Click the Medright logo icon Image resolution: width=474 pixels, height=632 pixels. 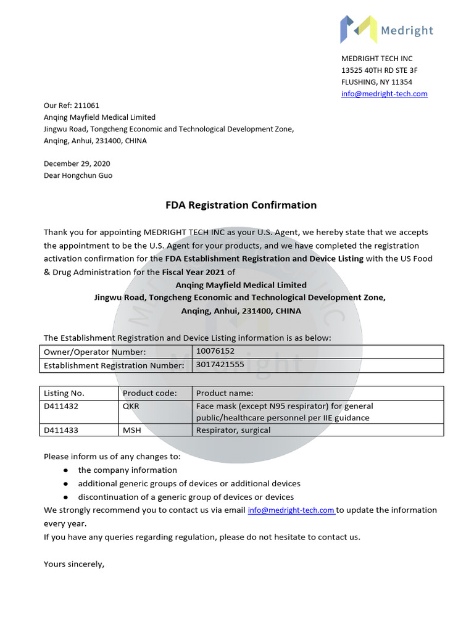[x=359, y=29]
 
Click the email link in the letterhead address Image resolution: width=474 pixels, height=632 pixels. [x=384, y=94]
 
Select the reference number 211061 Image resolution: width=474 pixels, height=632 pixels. [x=86, y=105]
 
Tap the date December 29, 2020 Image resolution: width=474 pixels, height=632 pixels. [x=77, y=164]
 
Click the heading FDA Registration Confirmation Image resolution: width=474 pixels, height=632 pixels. [x=241, y=205]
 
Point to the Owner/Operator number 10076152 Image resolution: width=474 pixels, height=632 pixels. [x=215, y=351]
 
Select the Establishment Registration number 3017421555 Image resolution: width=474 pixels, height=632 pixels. [x=220, y=365]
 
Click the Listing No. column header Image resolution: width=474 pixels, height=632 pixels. [x=64, y=393]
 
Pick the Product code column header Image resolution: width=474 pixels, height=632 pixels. [x=149, y=393]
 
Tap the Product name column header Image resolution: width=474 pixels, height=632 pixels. [x=225, y=393]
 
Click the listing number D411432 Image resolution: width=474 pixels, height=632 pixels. [x=61, y=406]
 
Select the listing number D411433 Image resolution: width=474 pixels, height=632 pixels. [x=61, y=430]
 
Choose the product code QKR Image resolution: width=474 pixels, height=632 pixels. [x=131, y=406]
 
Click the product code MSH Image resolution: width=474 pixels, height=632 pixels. [x=131, y=430]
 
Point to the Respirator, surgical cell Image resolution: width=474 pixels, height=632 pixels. [x=233, y=430]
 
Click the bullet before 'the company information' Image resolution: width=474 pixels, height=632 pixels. [x=65, y=470]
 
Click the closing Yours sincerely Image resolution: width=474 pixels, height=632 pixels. [x=74, y=563]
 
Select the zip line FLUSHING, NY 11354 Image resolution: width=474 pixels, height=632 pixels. [x=376, y=82]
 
